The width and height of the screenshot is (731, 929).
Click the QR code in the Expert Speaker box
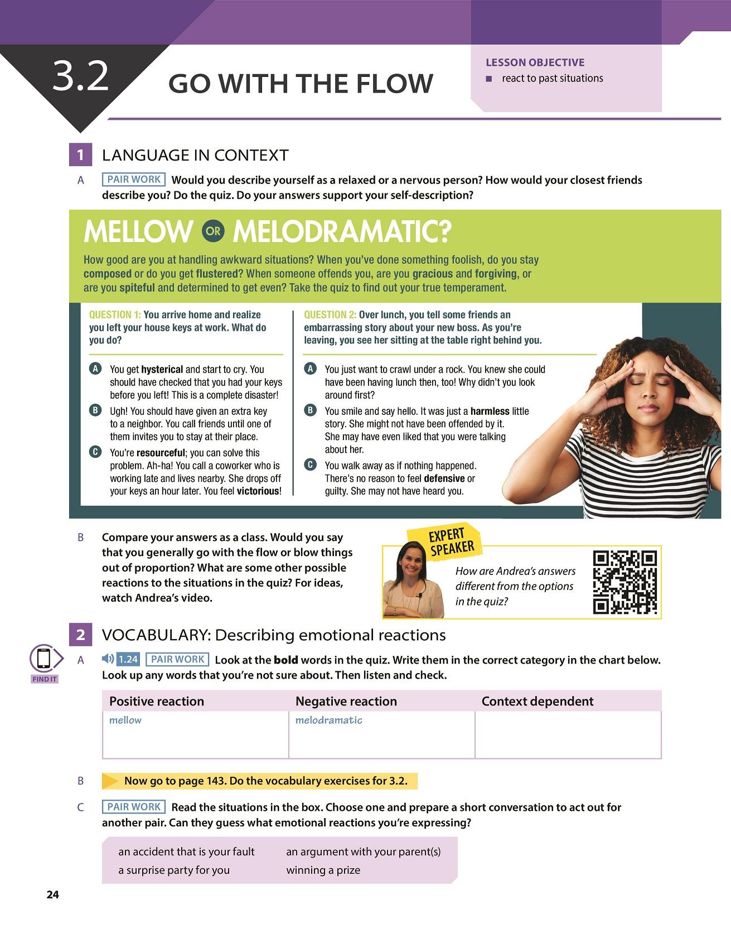(x=625, y=582)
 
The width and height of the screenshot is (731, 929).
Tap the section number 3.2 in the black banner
(x=80, y=78)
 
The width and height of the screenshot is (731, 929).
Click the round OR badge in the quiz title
(x=212, y=231)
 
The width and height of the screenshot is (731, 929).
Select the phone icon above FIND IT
(x=44, y=660)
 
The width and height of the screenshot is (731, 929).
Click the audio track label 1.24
(x=128, y=659)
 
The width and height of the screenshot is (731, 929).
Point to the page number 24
(x=52, y=895)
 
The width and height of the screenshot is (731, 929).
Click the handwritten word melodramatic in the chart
(x=328, y=720)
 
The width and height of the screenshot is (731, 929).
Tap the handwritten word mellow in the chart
(x=125, y=720)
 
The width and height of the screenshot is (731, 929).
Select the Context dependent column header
(x=538, y=701)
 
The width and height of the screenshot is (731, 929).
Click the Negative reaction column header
(x=346, y=701)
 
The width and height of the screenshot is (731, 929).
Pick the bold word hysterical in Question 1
(x=162, y=369)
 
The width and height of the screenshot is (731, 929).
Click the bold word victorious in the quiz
(x=258, y=491)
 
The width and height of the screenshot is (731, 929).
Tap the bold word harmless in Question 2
(x=490, y=411)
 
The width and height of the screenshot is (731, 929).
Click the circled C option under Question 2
(x=310, y=464)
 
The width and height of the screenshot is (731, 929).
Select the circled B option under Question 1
(x=95, y=410)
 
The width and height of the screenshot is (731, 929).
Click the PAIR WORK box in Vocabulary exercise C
(x=134, y=806)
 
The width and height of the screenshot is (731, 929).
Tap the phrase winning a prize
(x=323, y=870)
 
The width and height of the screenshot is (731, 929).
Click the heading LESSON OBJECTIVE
(x=535, y=62)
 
